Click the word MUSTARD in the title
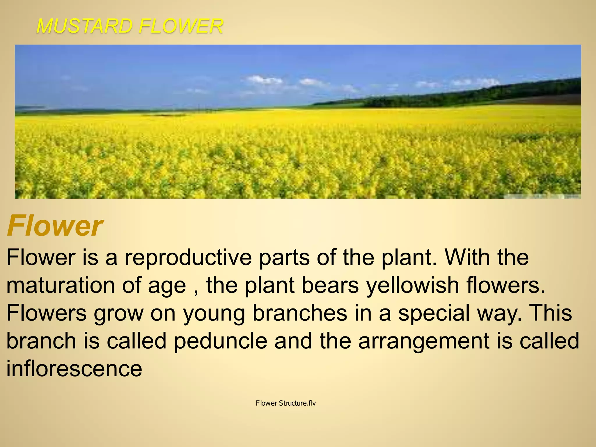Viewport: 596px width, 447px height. pyautogui.click(x=84, y=26)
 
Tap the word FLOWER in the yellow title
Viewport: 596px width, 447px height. pyautogui.click(x=180, y=26)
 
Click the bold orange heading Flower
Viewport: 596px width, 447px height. pyautogui.click(x=55, y=226)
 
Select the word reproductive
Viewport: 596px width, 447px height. pyautogui.click(x=188, y=257)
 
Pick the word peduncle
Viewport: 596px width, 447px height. pyautogui.click(x=220, y=341)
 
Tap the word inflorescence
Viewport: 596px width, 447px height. pyautogui.click(x=74, y=368)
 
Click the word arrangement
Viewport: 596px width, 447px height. pyautogui.click(x=424, y=341)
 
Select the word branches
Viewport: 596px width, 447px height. pyautogui.click(x=300, y=313)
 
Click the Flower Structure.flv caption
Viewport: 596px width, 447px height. pyautogui.click(x=286, y=403)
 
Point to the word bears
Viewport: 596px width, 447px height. pyautogui.click(x=330, y=285)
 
